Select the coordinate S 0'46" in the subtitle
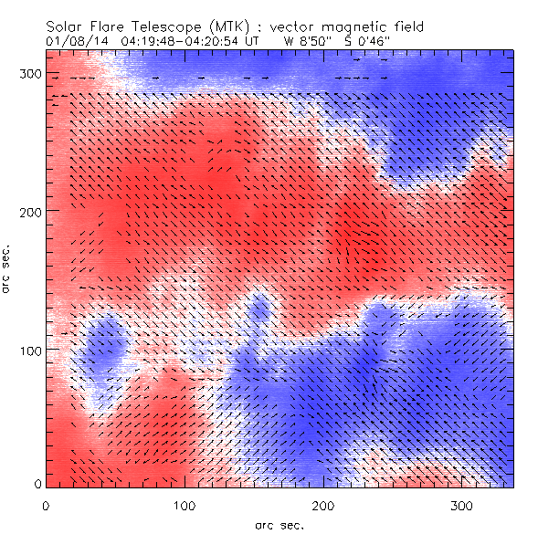point(368,41)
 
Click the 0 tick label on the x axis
point(45,505)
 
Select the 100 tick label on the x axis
point(185,505)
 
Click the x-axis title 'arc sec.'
point(279,525)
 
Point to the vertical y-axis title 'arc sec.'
point(7,268)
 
